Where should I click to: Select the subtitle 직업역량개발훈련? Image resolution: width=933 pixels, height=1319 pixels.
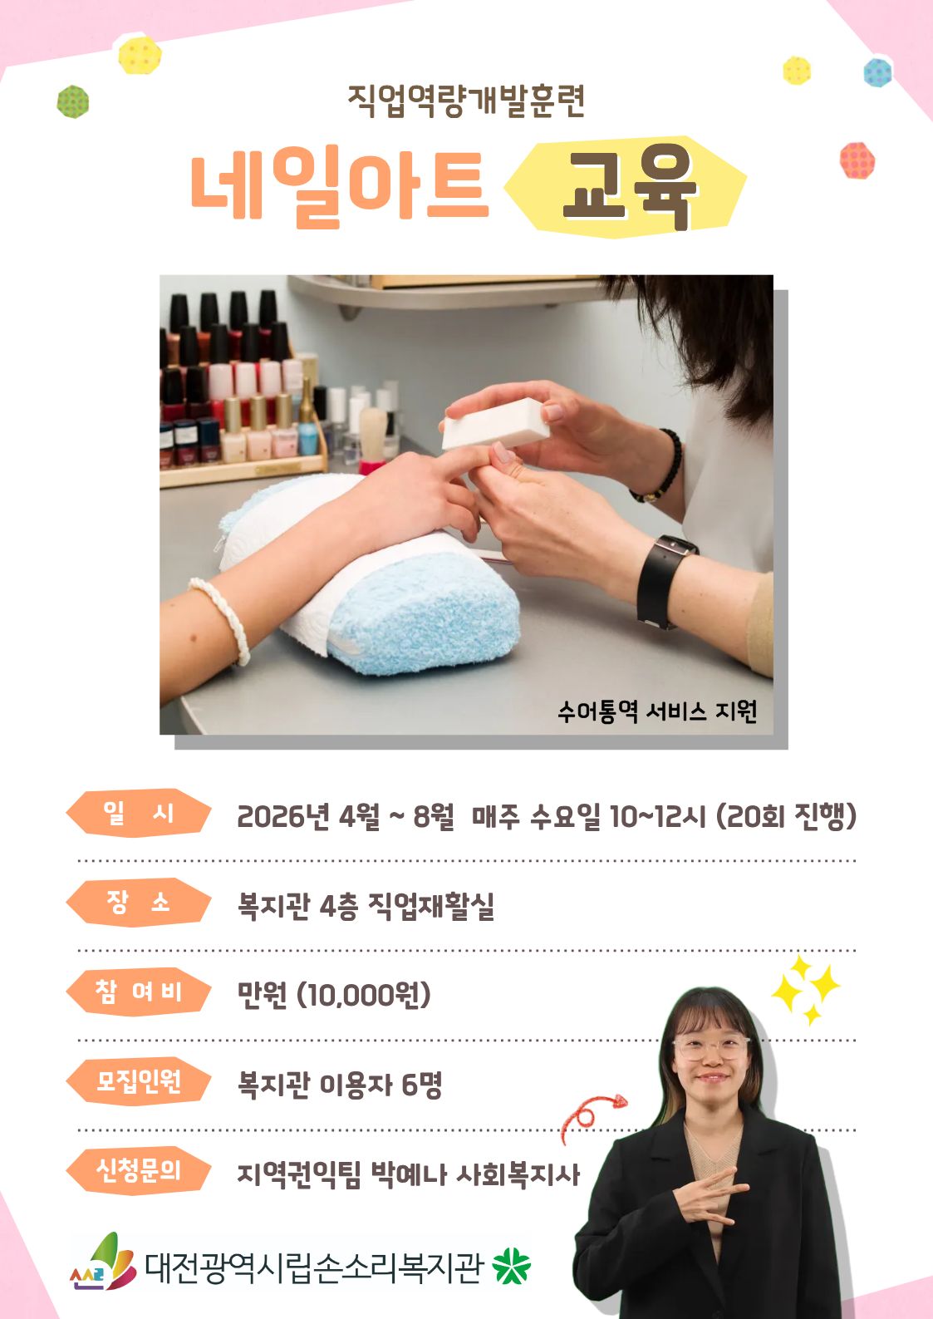tap(466, 101)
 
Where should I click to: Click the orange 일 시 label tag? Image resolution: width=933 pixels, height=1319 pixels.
tap(139, 813)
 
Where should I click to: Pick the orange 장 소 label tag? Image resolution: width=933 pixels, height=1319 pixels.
tap(139, 902)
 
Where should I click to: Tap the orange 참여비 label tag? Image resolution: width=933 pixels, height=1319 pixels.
tap(139, 992)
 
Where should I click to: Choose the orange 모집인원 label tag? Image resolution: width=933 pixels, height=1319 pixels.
tap(139, 1081)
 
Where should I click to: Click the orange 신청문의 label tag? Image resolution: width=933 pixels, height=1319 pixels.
tap(139, 1170)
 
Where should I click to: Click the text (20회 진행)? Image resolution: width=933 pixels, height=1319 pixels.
tap(786, 816)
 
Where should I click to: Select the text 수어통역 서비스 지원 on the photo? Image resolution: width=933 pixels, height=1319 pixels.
tap(657, 711)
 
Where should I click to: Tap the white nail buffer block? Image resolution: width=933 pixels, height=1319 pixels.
tap(496, 423)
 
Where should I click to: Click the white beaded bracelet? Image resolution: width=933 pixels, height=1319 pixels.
tap(221, 619)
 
